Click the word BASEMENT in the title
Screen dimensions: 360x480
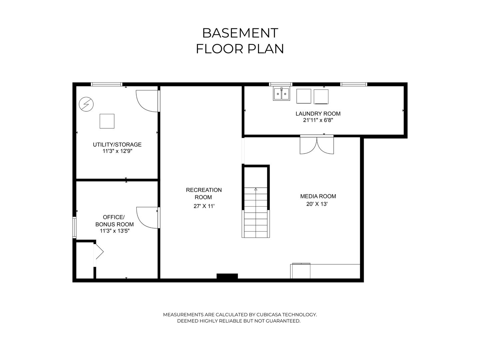click(240, 33)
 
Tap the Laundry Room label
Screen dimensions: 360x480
click(318, 114)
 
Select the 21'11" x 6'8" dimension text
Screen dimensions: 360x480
click(318, 120)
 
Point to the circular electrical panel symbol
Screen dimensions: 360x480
click(86, 104)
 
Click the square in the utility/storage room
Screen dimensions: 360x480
click(107, 121)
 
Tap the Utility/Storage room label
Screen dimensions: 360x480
click(117, 145)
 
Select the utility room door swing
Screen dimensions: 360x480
click(147, 101)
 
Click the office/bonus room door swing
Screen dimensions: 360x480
click(147, 217)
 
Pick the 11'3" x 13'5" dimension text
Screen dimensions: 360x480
click(115, 231)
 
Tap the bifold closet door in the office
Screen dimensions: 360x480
click(99, 252)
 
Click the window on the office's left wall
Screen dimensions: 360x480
click(75, 227)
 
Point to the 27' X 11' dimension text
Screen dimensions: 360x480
click(204, 206)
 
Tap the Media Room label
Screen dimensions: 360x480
click(318, 196)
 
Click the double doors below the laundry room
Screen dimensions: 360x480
click(317, 145)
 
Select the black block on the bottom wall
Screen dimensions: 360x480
click(227, 276)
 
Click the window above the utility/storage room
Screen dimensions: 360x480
click(107, 84)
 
